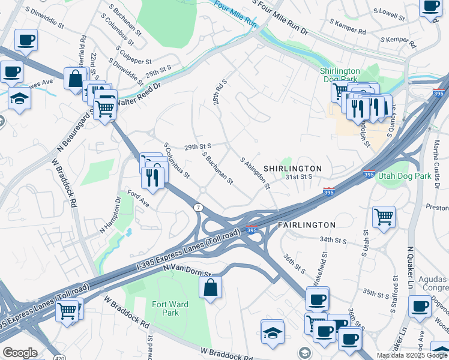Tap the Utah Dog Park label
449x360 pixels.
coord(405,176)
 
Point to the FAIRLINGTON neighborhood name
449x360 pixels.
coord(307,224)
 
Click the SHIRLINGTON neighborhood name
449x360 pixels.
coord(292,169)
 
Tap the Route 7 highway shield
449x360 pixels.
coord(197,207)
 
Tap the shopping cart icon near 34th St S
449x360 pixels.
coord(384,216)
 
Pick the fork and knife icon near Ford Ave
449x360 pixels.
coord(152,177)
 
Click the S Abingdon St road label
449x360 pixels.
coord(255,173)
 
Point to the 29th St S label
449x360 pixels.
coord(198,146)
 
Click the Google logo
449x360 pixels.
coord(20,353)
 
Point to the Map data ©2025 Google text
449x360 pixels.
coord(412,355)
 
